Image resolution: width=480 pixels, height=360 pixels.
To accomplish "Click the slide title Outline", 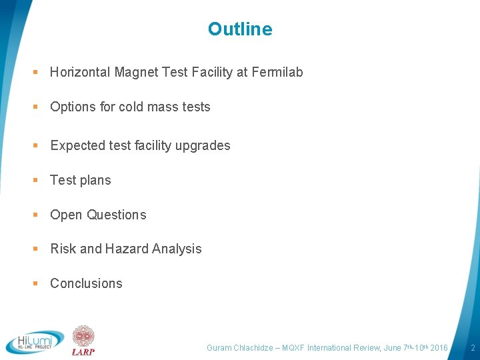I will (x=240, y=29).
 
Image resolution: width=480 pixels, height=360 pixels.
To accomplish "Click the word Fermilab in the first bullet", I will (x=277, y=72).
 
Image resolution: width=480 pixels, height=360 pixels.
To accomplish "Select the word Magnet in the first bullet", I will (x=136, y=72).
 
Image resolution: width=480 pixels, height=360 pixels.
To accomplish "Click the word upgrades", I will (x=203, y=145).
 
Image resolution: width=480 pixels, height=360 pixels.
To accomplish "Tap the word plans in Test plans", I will (x=95, y=181).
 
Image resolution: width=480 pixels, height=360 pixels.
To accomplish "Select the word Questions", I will (x=117, y=215).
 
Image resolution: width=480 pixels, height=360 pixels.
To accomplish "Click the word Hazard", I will (x=126, y=249).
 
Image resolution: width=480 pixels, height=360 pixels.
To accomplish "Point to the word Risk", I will (x=63, y=249).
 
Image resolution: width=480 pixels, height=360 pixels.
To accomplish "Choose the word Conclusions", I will (x=86, y=283).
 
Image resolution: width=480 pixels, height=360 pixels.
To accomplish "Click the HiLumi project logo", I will (x=35, y=342).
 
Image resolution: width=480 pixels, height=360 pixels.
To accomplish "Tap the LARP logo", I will (x=83, y=340).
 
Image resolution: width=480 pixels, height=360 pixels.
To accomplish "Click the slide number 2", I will (x=472, y=348).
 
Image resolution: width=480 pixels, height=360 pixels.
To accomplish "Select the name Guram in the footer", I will (x=219, y=348).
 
